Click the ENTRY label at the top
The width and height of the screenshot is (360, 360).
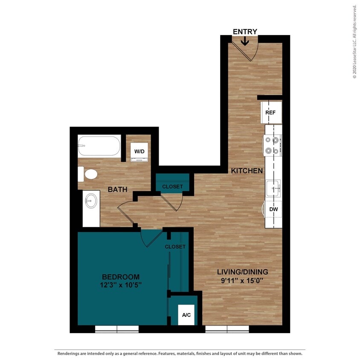point(245,32)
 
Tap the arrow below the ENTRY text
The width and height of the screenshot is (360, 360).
point(245,41)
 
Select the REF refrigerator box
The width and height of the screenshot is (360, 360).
point(271,113)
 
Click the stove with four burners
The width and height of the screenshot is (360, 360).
point(272,145)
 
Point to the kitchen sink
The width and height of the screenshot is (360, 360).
point(273,188)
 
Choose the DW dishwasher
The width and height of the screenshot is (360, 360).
point(273,209)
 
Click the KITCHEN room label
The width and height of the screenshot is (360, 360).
point(247,171)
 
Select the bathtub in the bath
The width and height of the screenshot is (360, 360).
point(99,146)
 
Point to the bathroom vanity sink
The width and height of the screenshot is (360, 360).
point(91,201)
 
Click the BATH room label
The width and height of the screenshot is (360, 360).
point(117,189)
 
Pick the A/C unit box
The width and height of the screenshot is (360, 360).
point(186,315)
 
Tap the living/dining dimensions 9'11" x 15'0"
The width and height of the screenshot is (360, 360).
point(242,280)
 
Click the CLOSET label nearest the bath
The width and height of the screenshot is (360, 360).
point(172,186)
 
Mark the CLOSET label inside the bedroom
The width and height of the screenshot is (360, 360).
point(175,247)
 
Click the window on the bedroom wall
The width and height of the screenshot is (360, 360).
point(117,329)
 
